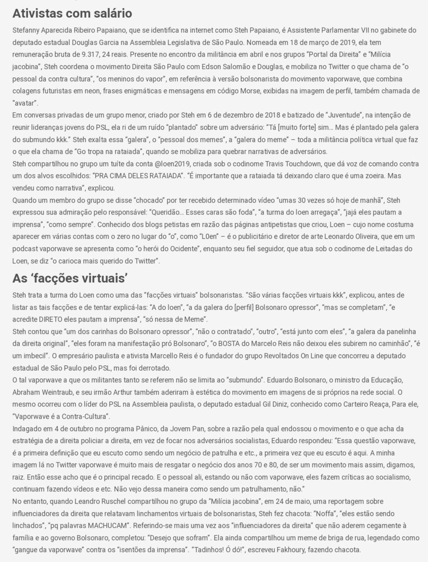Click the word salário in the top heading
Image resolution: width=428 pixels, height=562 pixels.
pyautogui.click(x=108, y=12)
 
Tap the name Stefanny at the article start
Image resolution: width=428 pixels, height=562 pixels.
pyautogui.click(x=27, y=29)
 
